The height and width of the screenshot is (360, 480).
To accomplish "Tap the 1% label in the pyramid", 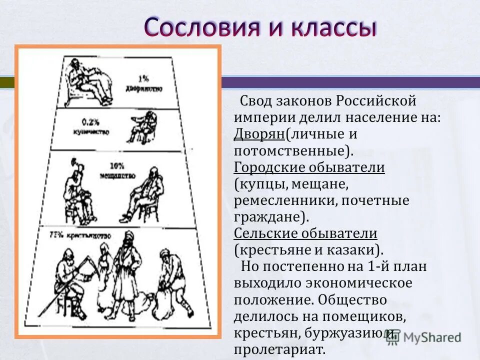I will [x=143, y=78].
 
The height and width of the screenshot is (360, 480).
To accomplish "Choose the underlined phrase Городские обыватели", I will [x=309, y=167].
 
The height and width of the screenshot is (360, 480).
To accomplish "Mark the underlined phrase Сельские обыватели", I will [x=305, y=233].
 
